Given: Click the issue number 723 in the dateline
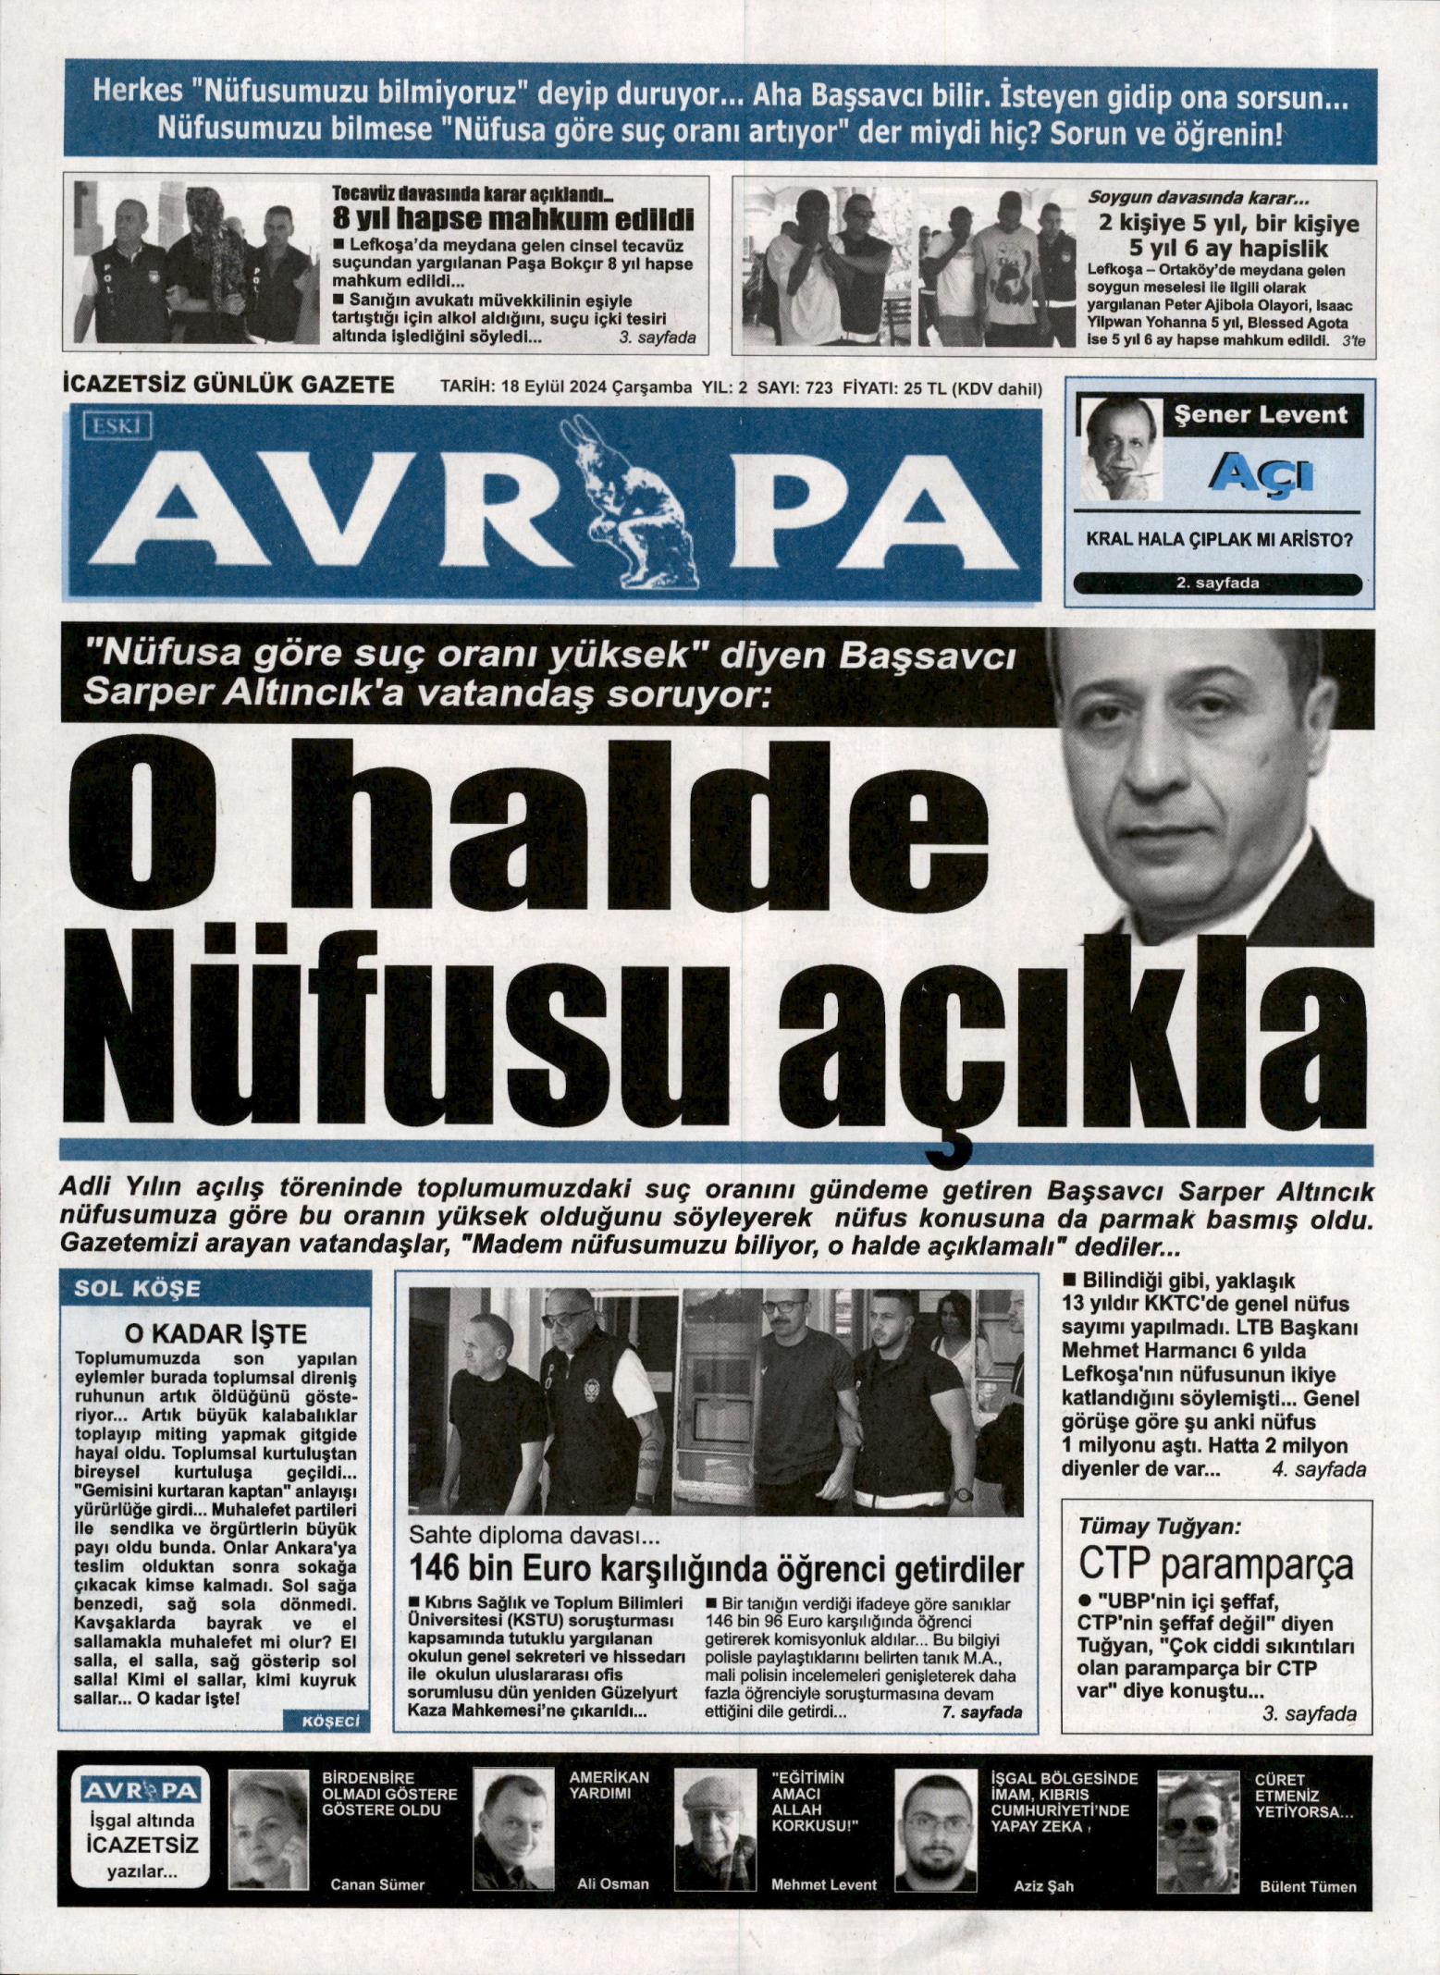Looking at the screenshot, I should pyautogui.click(x=819, y=388).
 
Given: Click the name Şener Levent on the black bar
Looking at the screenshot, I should pyautogui.click(x=1260, y=415).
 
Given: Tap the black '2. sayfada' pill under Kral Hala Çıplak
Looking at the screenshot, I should pyautogui.click(x=1216, y=583).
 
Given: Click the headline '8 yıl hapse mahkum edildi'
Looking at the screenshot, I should pyautogui.click(x=512, y=219).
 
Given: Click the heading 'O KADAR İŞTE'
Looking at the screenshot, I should pyautogui.click(x=215, y=1333).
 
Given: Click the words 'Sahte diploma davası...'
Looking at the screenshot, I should pyautogui.click(x=535, y=1538).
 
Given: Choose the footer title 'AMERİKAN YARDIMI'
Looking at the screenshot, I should pyautogui.click(x=609, y=1786).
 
